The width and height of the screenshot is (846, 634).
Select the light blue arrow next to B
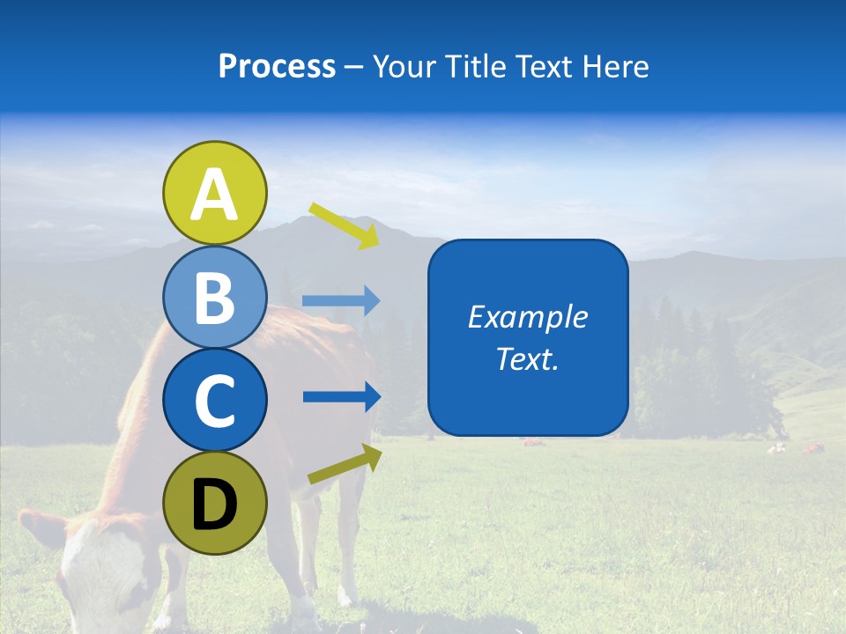pyautogui.click(x=341, y=301)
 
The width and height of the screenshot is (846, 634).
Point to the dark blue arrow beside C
pyautogui.click(x=341, y=396)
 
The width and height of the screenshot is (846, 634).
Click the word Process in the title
pyautogui.click(x=277, y=67)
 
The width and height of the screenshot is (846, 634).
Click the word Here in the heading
pyautogui.click(x=616, y=67)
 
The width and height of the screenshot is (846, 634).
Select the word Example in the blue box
pyautogui.click(x=527, y=317)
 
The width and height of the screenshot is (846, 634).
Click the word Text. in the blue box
pyautogui.click(x=527, y=358)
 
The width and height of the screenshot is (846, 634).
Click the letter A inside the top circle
pyautogui.click(x=215, y=195)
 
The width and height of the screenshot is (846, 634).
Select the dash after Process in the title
pyautogui.click(x=354, y=68)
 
